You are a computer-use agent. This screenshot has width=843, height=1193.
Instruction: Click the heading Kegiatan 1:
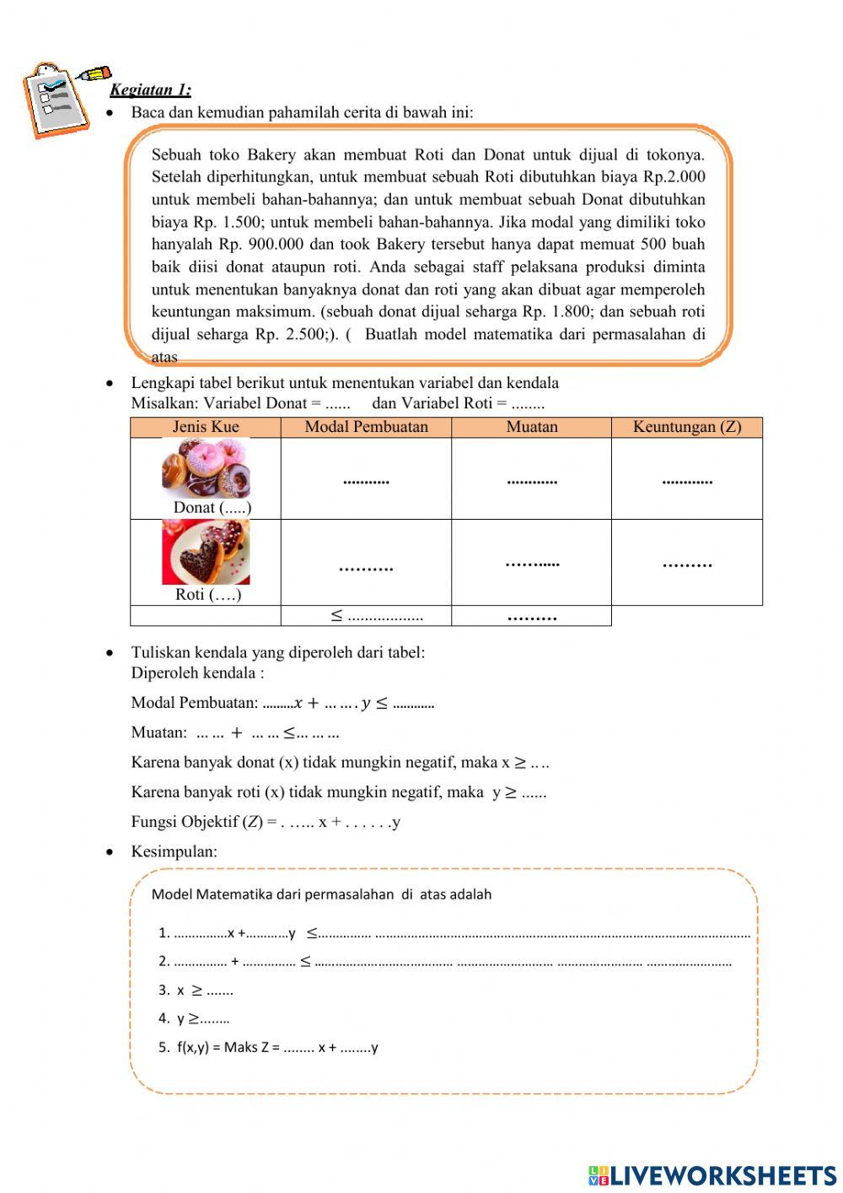150,90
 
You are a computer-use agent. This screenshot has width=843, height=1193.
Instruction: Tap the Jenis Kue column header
206,427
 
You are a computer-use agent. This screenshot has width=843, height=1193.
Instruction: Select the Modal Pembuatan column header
366,427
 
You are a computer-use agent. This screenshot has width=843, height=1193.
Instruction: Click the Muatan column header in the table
531,427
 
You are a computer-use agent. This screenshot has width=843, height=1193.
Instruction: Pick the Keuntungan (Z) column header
686,427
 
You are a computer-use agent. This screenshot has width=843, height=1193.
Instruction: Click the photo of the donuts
206,468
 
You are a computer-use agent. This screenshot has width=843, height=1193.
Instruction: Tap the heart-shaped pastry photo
206,553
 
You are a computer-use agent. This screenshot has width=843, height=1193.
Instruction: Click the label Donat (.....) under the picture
212,508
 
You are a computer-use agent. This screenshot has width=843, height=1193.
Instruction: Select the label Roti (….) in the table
208,595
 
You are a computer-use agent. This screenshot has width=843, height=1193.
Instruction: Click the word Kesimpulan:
174,851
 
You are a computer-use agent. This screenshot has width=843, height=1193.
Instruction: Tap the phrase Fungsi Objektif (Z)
197,822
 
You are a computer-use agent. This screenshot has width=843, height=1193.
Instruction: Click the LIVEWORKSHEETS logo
712,1175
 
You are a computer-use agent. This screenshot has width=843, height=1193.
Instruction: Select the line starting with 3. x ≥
196,991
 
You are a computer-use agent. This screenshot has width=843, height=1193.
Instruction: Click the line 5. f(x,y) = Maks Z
268,1048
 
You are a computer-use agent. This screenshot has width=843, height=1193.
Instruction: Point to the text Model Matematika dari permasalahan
320,894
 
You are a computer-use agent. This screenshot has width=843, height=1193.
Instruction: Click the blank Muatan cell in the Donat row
531,479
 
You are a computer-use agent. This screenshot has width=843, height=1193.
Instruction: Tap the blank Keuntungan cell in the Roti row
686,563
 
